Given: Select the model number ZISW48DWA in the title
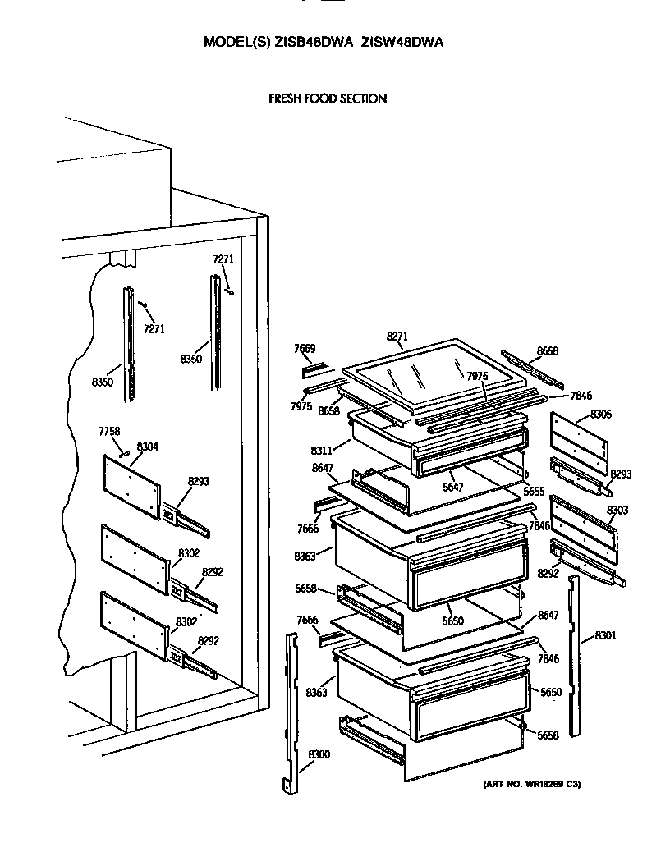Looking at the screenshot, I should [x=402, y=42].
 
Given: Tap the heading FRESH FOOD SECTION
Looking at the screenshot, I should [x=328, y=98].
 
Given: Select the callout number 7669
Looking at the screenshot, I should [x=305, y=349].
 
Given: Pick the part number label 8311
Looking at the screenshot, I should [x=321, y=451].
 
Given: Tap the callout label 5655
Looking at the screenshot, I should [x=534, y=492].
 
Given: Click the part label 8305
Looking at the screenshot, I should [x=600, y=415].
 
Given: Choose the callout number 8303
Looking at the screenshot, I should [x=617, y=510].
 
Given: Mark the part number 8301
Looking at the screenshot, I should [x=606, y=635].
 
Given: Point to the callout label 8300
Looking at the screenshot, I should [x=319, y=754].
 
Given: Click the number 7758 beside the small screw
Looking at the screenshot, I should [x=109, y=431].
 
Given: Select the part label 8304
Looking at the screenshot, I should [x=148, y=447].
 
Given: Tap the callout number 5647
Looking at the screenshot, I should [x=453, y=487].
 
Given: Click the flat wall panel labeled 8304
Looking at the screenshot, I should [x=131, y=488].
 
